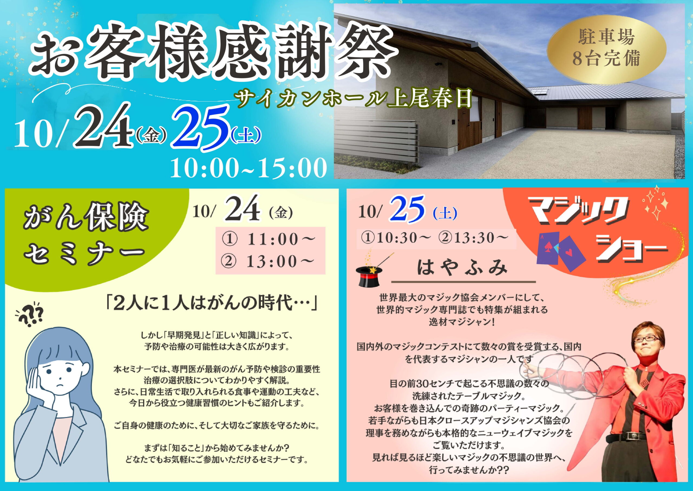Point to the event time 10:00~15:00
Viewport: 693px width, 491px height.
249,168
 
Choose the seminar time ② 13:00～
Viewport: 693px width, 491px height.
268,262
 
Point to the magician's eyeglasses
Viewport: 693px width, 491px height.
646,339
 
